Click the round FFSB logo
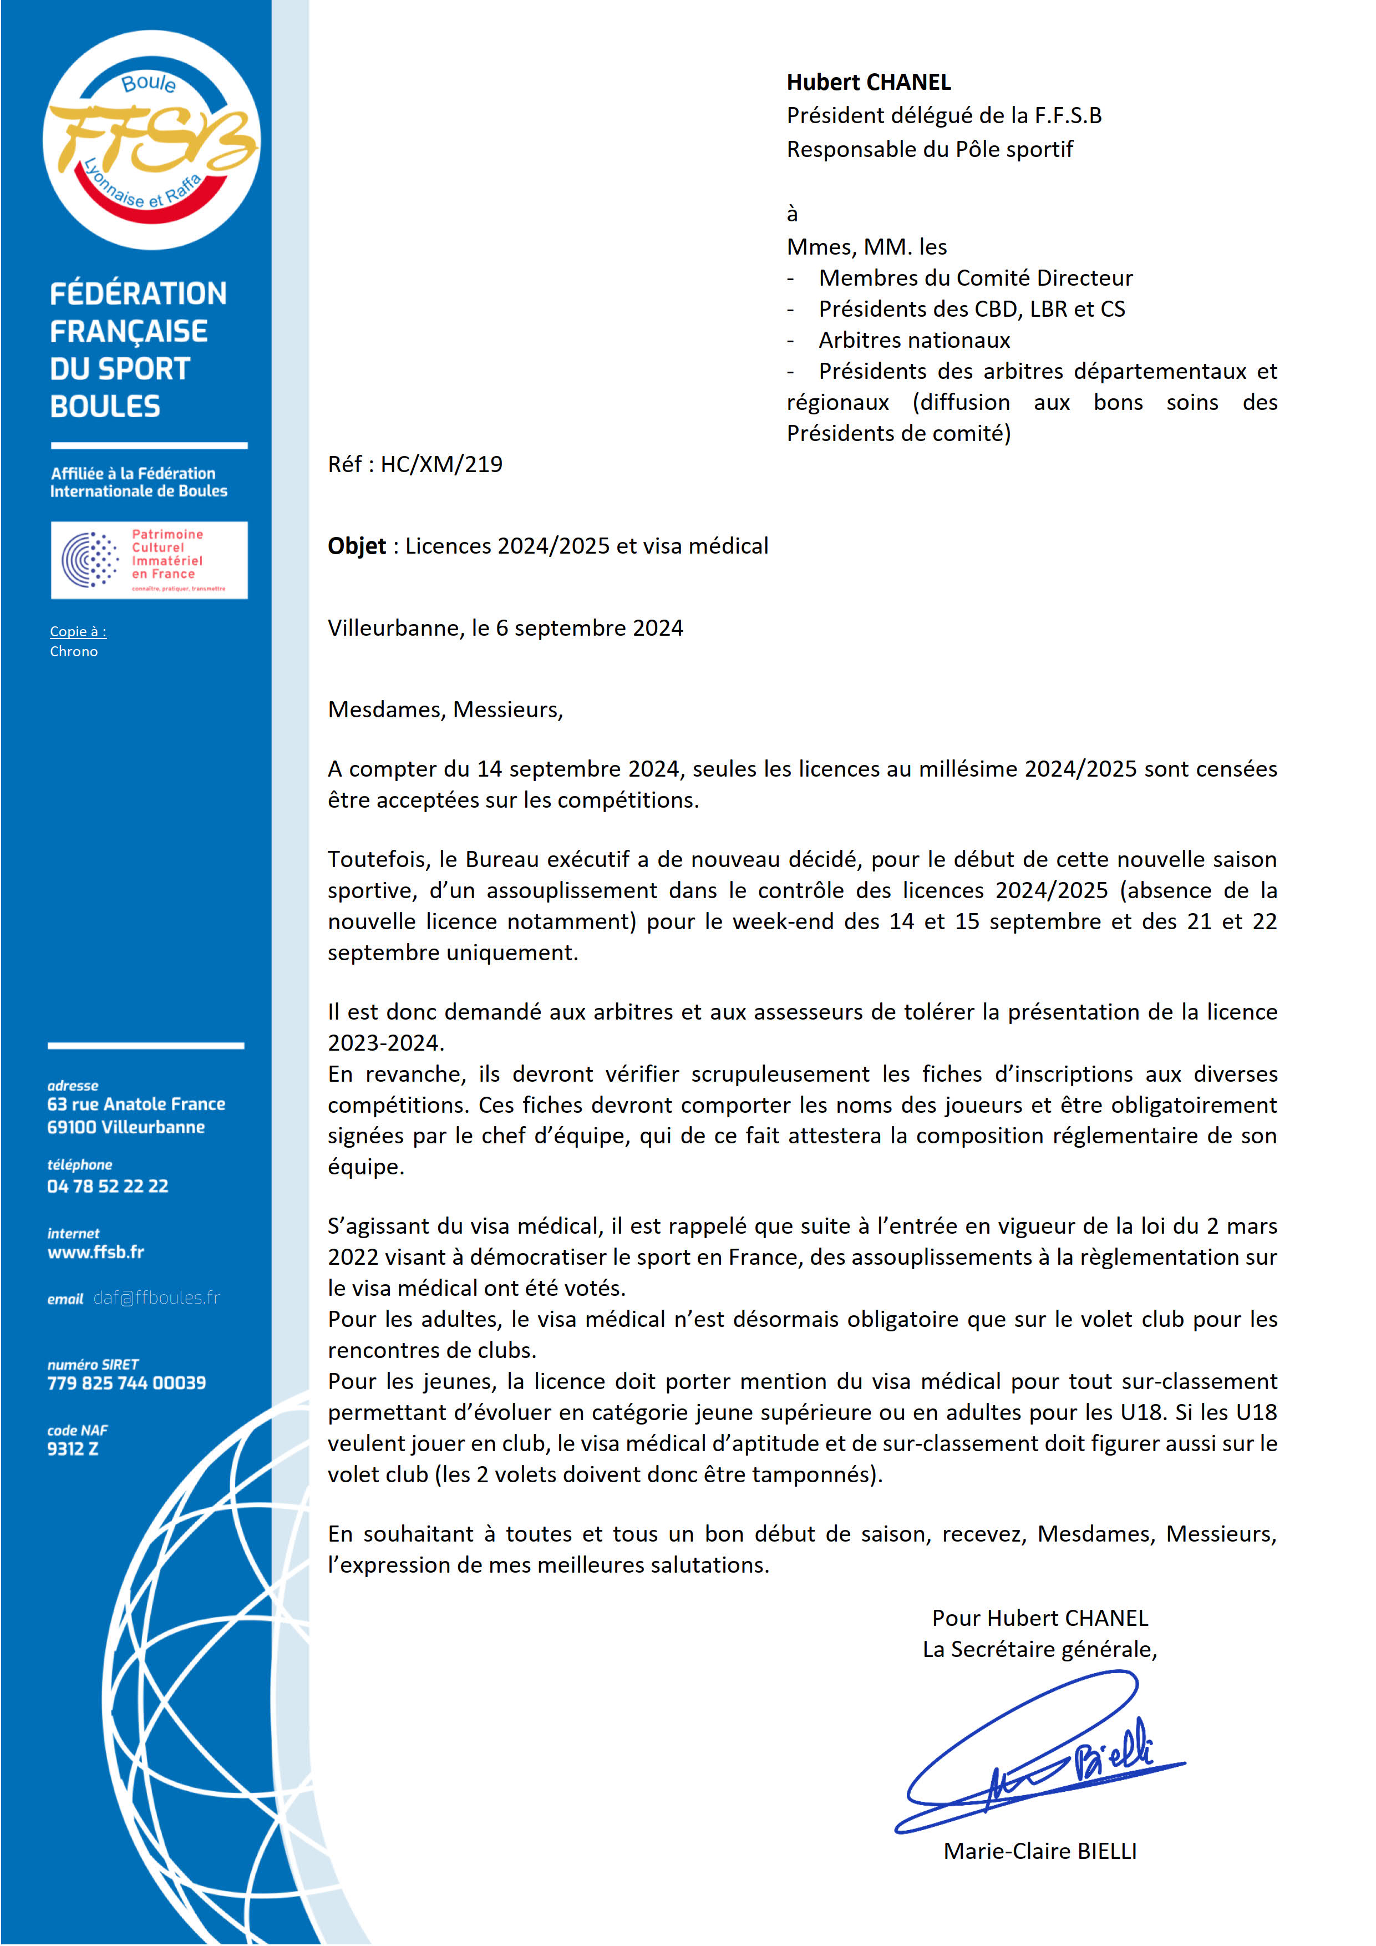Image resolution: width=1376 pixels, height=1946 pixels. [151, 140]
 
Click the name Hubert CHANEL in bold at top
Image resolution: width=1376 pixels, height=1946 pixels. [869, 82]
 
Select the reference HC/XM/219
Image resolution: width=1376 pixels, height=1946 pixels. [441, 464]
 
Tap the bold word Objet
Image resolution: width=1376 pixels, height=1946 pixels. [357, 546]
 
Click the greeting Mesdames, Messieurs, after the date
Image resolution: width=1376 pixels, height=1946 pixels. [445, 710]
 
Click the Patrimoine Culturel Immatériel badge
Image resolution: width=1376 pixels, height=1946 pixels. [149, 560]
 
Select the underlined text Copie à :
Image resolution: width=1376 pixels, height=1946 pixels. [78, 631]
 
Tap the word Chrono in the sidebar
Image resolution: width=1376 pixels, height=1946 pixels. [74, 652]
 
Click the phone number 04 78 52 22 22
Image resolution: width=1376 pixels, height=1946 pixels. [108, 1185]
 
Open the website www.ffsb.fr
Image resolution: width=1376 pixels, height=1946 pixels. [96, 1252]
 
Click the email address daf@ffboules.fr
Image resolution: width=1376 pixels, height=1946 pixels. [157, 1298]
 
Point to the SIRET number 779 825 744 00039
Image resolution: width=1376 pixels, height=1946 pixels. [126, 1382]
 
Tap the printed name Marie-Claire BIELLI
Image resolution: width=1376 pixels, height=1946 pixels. [1039, 1851]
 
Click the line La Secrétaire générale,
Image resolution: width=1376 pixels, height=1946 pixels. [1039, 1649]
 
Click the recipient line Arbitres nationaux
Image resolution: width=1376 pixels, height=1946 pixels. [914, 341]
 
